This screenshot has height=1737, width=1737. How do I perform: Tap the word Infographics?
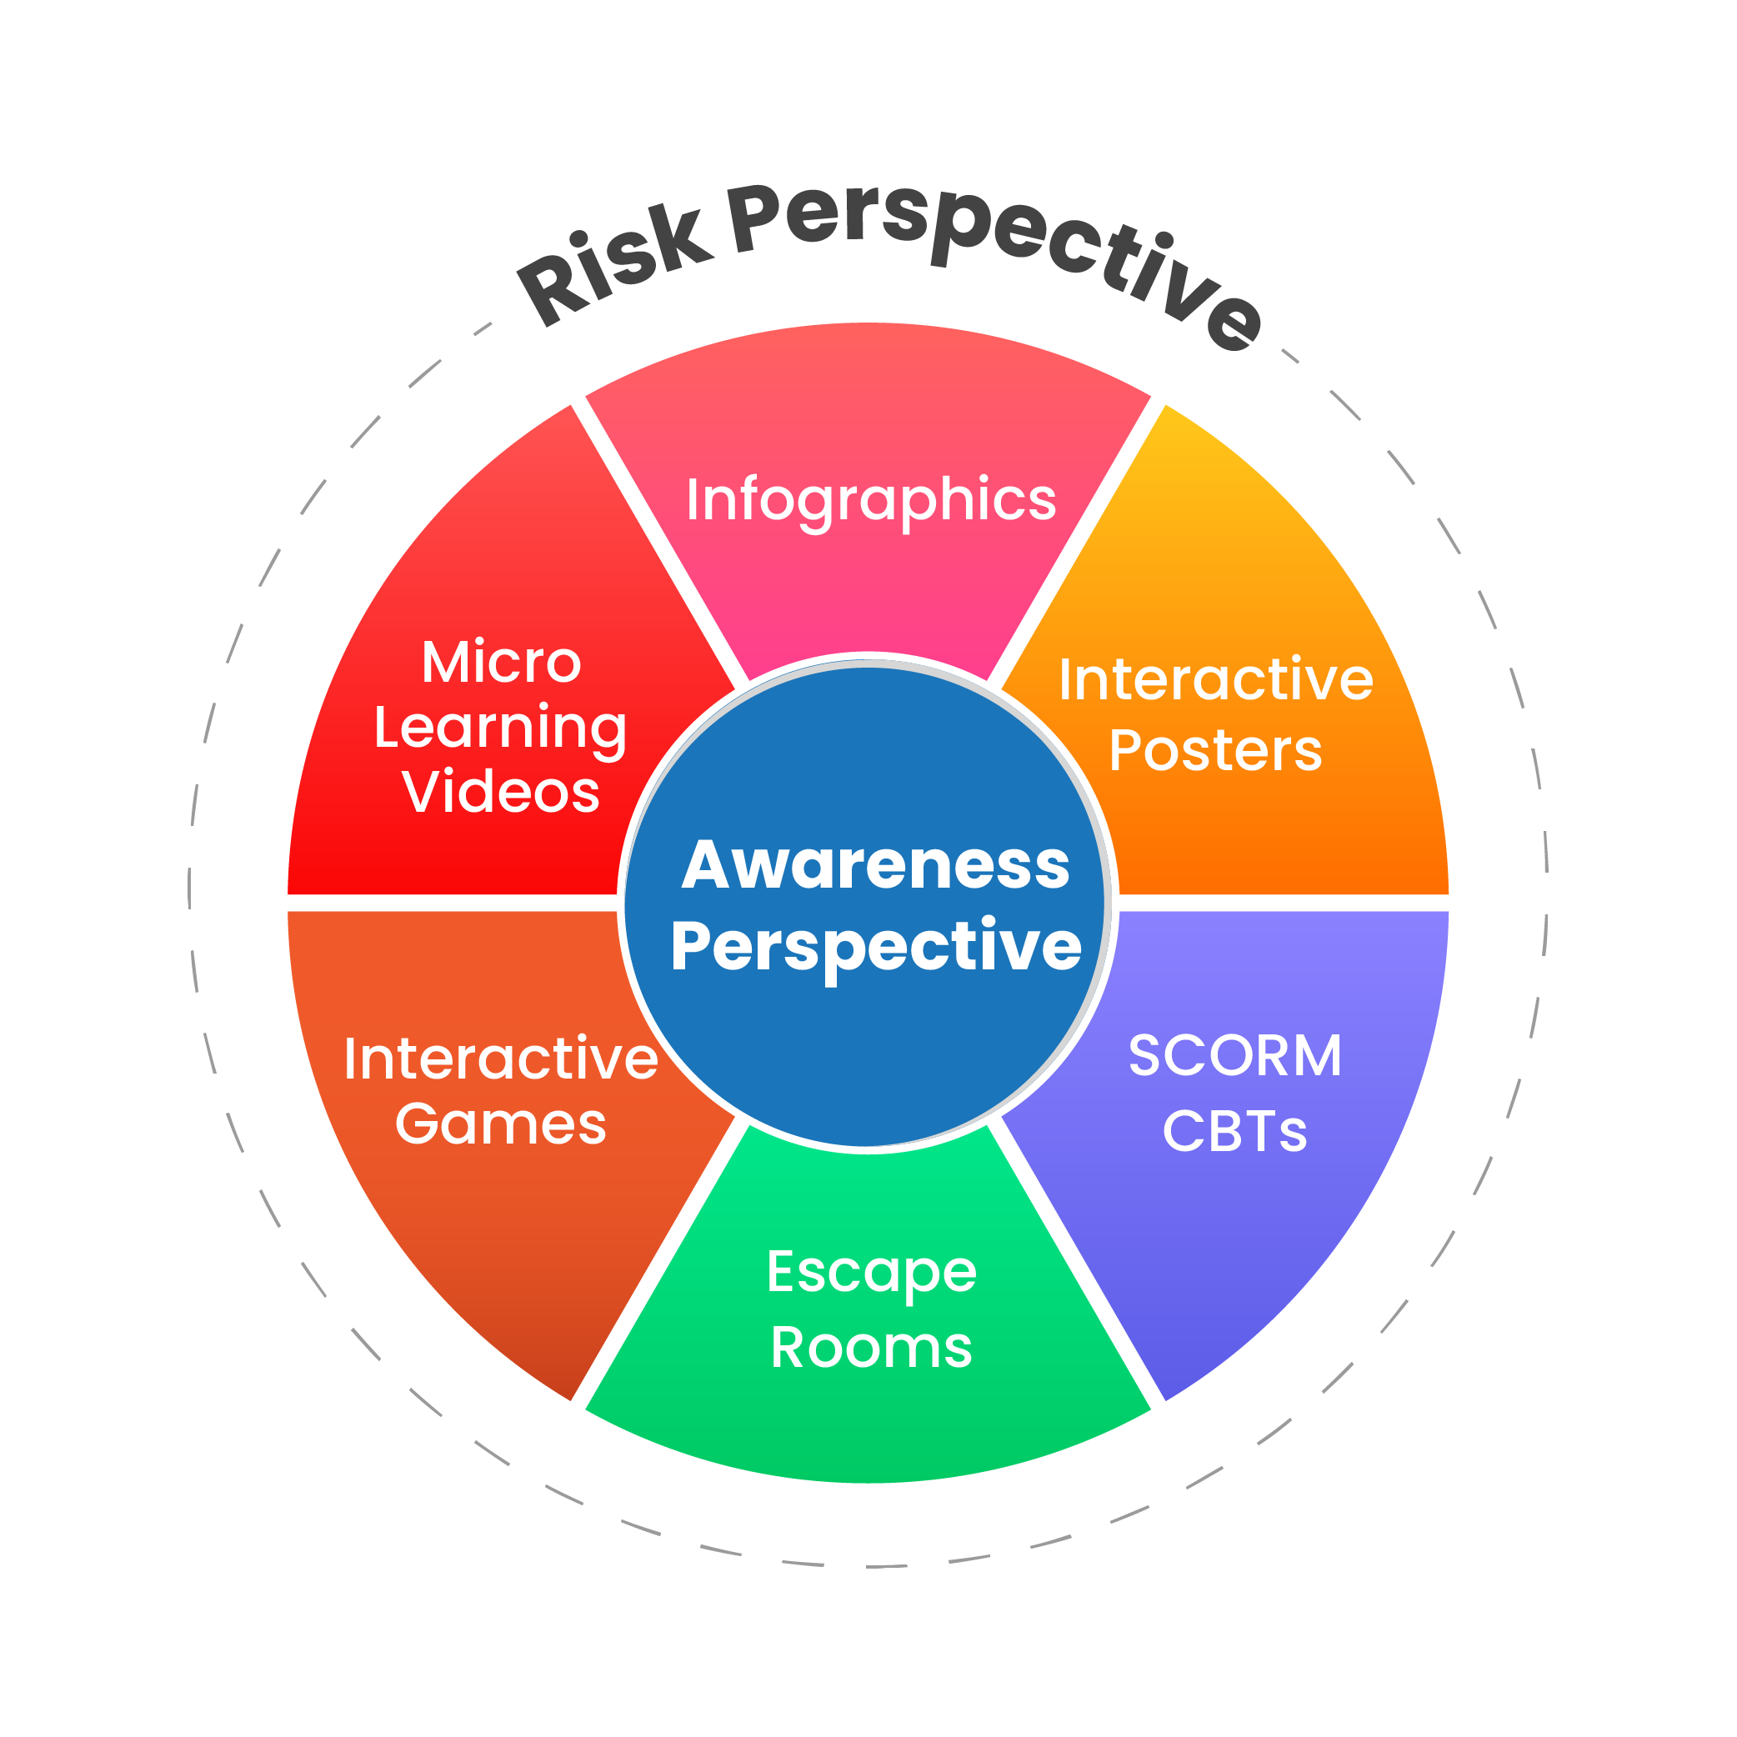pyautogui.click(x=870, y=500)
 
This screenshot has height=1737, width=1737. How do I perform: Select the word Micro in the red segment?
pyautogui.click(x=502, y=663)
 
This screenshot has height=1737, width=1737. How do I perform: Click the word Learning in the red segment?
pyautogui.click(x=500, y=729)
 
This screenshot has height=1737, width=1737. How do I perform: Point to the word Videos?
pyautogui.click(x=501, y=792)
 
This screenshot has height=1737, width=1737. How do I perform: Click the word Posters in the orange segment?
pyautogui.click(x=1215, y=750)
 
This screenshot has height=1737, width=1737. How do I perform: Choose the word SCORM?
pyautogui.click(x=1234, y=1055)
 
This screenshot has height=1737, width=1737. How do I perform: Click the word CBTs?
pyautogui.click(x=1234, y=1131)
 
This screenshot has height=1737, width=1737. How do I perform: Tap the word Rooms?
pyautogui.click(x=871, y=1348)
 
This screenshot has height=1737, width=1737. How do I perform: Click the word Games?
pyautogui.click(x=501, y=1124)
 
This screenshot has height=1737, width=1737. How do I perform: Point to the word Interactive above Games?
pyautogui.click(x=501, y=1059)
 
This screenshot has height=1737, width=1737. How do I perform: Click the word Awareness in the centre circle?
pyautogui.click(x=876, y=865)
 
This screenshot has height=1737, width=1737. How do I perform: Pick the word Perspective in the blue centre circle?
pyautogui.click(x=876, y=947)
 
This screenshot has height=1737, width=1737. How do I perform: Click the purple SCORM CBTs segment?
pyautogui.click(x=1259, y=1241)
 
